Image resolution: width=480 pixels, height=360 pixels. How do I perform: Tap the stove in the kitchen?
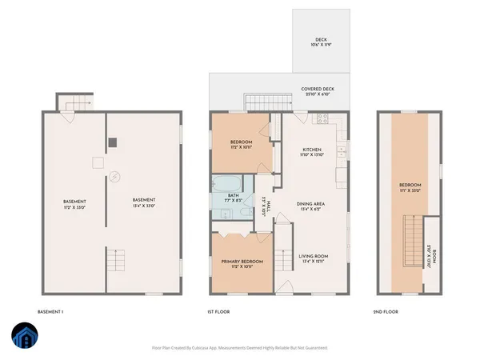point(324,120)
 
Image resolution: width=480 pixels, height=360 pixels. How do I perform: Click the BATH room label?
point(233,198)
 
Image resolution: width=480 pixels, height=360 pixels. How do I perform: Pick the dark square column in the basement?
point(113,142)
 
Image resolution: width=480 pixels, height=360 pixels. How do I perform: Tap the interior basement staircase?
point(117,260)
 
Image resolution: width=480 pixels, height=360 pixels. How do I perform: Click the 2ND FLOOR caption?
point(387,312)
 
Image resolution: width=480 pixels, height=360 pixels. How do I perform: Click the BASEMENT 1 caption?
point(51,312)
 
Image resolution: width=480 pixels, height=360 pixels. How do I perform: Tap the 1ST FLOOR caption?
point(211,312)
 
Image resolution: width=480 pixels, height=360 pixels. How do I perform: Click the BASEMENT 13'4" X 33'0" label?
point(143,202)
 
